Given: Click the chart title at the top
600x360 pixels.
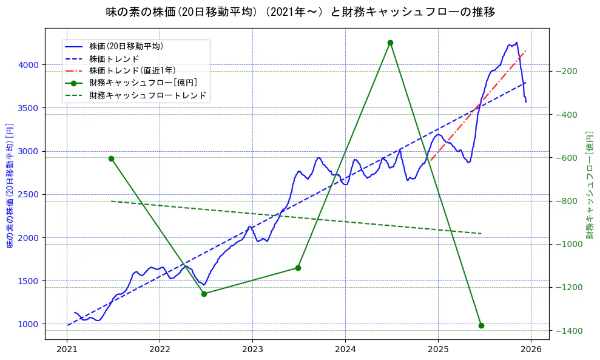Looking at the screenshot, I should (x=300, y=12).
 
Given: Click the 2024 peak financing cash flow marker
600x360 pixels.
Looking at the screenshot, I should (x=390, y=42).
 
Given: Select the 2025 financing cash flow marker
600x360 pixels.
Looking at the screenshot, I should (x=481, y=325).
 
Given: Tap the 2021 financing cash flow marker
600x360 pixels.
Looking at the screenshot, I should (x=111, y=158).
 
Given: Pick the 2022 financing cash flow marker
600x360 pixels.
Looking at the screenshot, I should (x=204, y=294).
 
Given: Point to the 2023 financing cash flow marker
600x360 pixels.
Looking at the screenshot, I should (x=298, y=268).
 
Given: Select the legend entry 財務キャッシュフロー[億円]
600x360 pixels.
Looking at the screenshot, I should (x=143, y=83).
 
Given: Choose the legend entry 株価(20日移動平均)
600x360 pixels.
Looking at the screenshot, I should (x=126, y=46).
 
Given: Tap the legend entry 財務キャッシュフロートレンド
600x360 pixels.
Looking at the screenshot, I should (x=147, y=95).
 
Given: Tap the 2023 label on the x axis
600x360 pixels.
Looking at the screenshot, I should (x=252, y=349).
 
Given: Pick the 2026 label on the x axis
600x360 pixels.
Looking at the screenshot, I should (x=531, y=349).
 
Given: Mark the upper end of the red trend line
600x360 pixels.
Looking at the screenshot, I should (x=525, y=51).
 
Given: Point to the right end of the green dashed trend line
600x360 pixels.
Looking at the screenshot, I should (x=481, y=234).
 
